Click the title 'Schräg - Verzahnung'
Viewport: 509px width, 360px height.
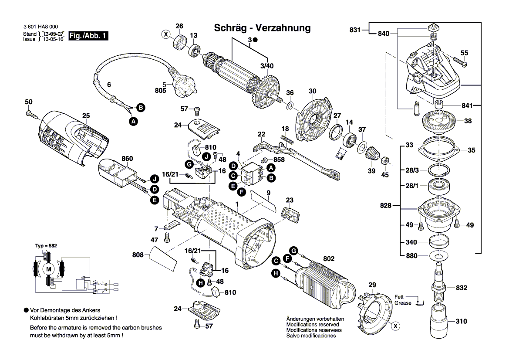click(x=263, y=28)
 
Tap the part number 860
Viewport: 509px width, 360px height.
click(x=127, y=159)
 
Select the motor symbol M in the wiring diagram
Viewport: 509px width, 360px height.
click(x=49, y=269)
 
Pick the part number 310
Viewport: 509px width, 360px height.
click(x=461, y=321)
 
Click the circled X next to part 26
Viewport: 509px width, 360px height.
click(x=165, y=34)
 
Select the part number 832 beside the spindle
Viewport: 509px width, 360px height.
click(x=461, y=288)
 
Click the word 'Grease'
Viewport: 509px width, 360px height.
click(x=403, y=303)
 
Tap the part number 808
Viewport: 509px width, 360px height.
click(x=138, y=254)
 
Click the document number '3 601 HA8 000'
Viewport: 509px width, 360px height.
click(x=40, y=27)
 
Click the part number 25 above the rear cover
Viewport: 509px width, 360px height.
click(x=86, y=115)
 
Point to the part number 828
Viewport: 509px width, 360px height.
click(x=385, y=205)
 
